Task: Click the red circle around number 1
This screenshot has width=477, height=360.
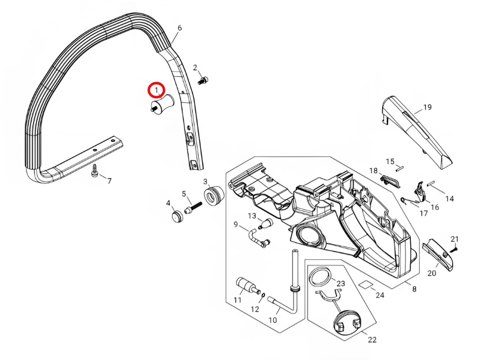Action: pos(157,91)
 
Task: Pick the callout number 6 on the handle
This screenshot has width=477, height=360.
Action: pos(179,28)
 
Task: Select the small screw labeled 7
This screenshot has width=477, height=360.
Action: pos(95,173)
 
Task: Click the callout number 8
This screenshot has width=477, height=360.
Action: pos(414,289)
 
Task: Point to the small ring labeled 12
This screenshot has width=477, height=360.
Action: pos(263,294)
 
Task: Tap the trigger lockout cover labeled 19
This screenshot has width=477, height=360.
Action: pos(419,128)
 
